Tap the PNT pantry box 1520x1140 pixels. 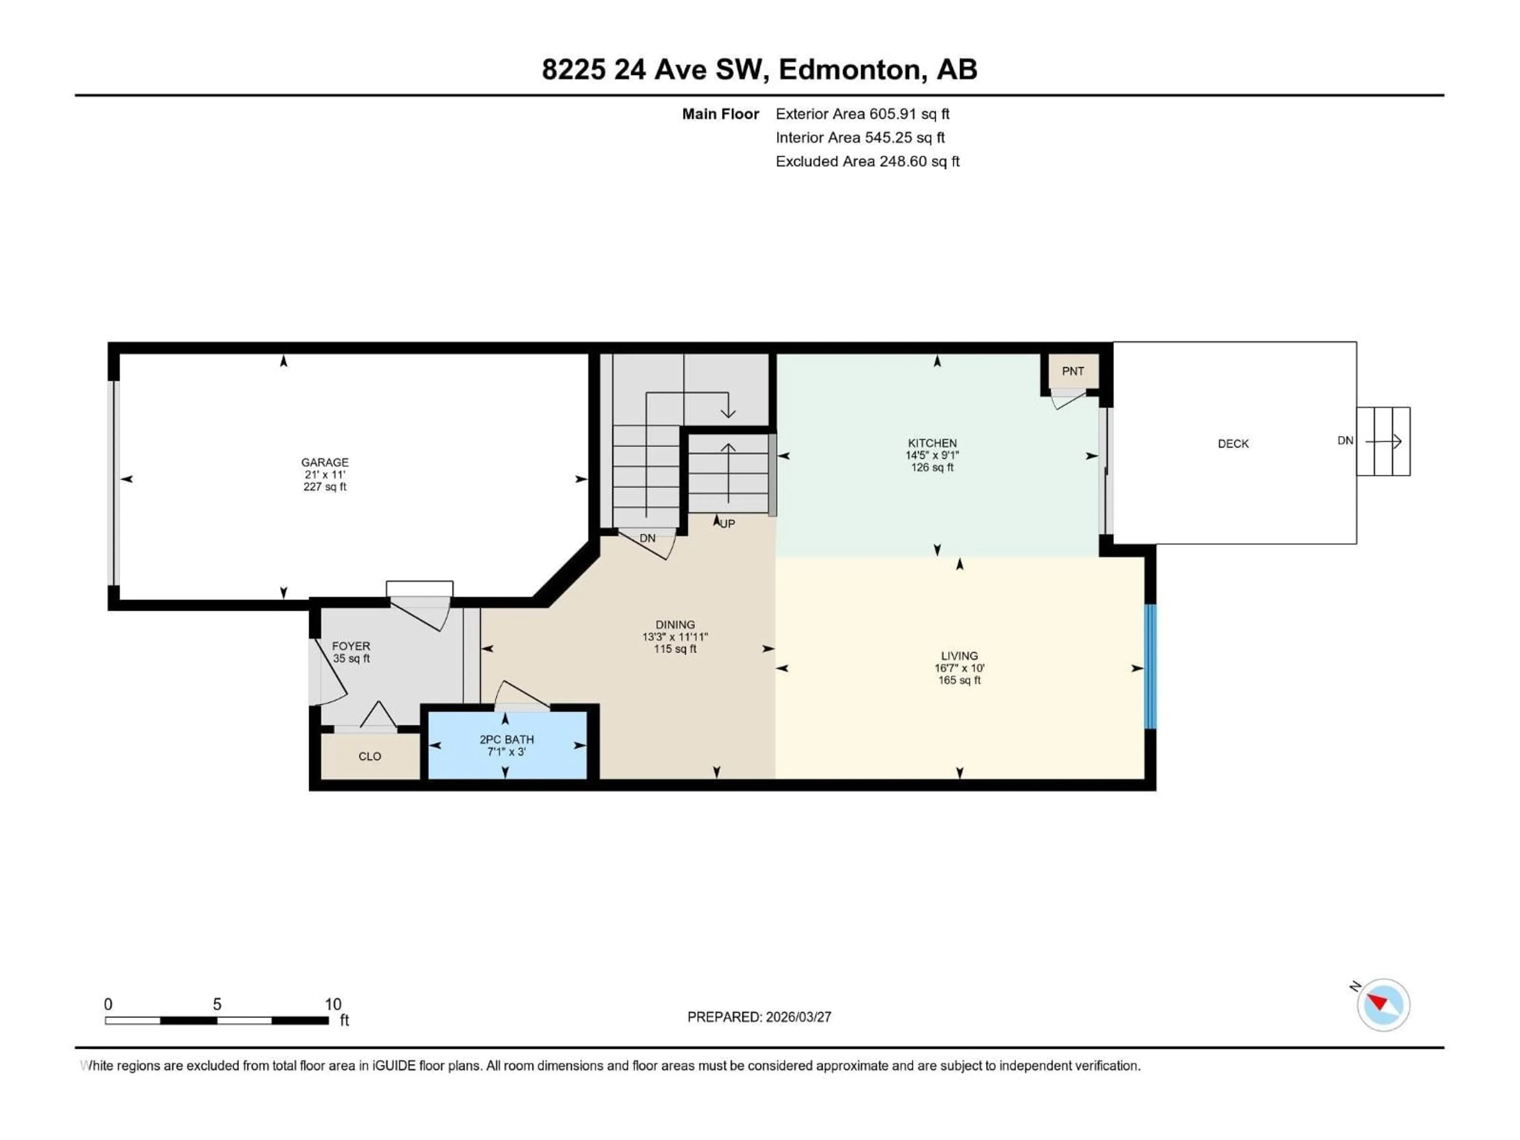(1073, 371)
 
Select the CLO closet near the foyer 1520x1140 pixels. (370, 756)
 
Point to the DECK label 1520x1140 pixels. (1233, 444)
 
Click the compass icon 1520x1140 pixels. (1383, 1005)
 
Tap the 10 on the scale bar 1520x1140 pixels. (332, 1004)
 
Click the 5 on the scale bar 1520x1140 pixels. (217, 1004)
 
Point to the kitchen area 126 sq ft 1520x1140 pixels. (932, 467)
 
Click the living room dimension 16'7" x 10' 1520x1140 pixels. (959, 668)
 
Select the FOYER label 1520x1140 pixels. (351, 646)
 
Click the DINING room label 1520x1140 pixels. (675, 625)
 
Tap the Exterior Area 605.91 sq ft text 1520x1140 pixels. (863, 114)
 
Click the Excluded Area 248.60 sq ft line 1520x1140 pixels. (867, 161)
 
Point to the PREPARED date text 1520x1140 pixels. (759, 1017)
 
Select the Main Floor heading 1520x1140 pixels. (720, 114)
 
